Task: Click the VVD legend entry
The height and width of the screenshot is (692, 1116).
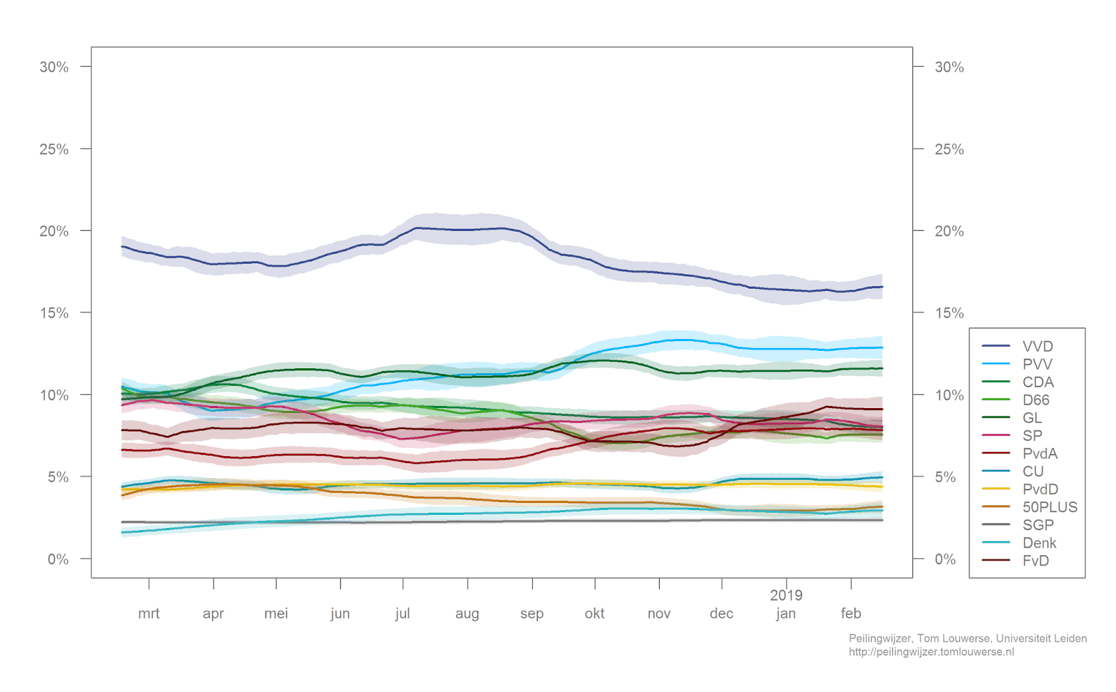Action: [x=1037, y=346]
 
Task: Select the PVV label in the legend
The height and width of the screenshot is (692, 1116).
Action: [x=1037, y=364]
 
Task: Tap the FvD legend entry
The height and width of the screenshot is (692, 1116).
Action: [x=1036, y=561]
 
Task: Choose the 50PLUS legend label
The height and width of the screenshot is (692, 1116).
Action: [x=1050, y=507]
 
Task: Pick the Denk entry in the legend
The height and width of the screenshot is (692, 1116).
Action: [x=1039, y=543]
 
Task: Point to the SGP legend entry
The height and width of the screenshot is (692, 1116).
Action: [x=1038, y=525]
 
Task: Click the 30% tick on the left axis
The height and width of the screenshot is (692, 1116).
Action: [x=54, y=67]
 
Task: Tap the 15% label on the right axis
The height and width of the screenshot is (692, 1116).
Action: [x=949, y=313]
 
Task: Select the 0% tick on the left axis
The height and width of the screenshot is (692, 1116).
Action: [x=58, y=559]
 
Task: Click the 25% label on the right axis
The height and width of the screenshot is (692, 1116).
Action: [x=949, y=149]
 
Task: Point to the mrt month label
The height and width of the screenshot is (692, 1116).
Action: [x=149, y=613]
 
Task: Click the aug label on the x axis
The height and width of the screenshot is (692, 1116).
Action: [x=467, y=613]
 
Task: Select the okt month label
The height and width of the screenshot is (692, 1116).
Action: [x=594, y=613]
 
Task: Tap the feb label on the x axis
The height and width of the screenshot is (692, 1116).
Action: [x=851, y=613]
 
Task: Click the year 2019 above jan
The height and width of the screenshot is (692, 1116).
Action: [x=786, y=595]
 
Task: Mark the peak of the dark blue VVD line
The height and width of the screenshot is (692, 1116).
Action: [x=417, y=227]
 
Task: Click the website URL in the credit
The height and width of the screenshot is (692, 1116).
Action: [x=931, y=652]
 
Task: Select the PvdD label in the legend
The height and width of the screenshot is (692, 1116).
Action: [x=1040, y=489]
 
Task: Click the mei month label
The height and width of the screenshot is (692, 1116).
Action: [x=276, y=613]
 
